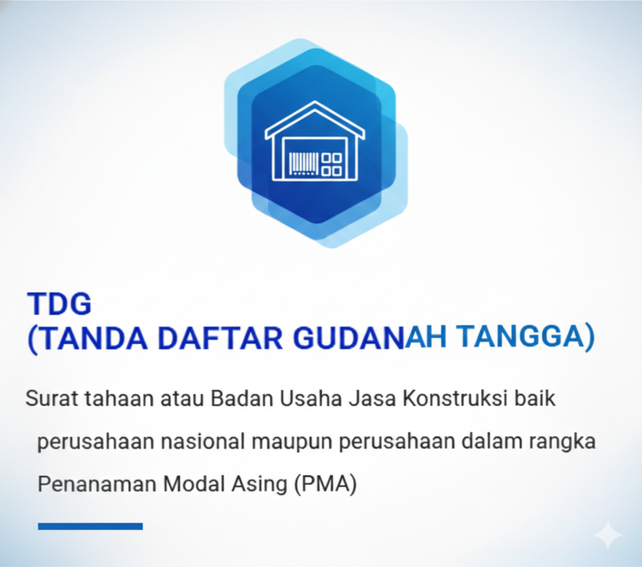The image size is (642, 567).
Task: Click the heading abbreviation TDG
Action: click(x=60, y=304)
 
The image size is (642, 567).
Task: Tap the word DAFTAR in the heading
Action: click(x=220, y=337)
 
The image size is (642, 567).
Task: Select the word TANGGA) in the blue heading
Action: click(x=525, y=337)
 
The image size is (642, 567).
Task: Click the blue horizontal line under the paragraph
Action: click(x=90, y=526)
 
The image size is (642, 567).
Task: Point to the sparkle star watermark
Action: click(x=608, y=535)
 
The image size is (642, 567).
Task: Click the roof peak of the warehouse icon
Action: click(x=315, y=102)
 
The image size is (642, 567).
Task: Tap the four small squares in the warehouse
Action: click(x=332, y=165)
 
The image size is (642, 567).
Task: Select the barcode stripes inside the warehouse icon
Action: click(x=304, y=164)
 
